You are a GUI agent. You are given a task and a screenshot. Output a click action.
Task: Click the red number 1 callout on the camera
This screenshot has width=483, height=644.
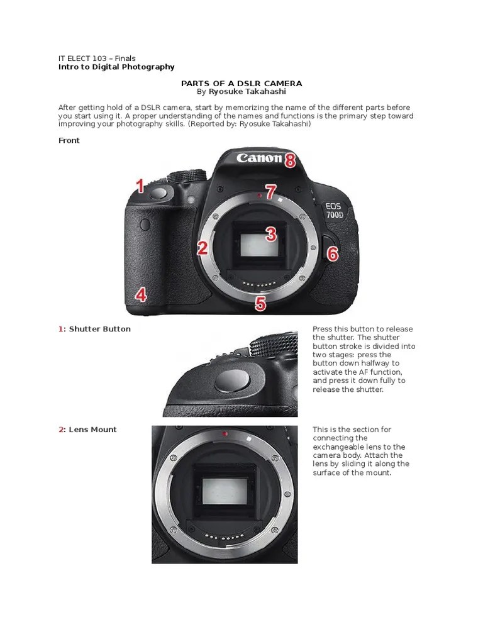pyautogui.click(x=140, y=186)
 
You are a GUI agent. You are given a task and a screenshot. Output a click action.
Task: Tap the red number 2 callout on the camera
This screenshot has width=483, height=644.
pyautogui.click(x=202, y=248)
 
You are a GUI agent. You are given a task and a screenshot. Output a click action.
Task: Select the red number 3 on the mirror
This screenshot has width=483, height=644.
pyautogui.click(x=270, y=235)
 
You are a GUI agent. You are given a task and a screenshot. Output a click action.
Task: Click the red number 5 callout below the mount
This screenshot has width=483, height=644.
pyautogui.click(x=260, y=304)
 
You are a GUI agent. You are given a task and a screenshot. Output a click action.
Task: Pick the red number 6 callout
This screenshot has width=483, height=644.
pyautogui.click(x=333, y=253)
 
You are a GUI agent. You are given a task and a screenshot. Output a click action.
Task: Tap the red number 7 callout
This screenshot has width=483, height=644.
pyautogui.click(x=270, y=192)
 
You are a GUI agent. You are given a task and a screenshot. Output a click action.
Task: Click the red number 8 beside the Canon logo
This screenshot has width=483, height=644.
pyautogui.click(x=290, y=160)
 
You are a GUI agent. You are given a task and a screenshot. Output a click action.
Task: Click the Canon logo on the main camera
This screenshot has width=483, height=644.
pyautogui.click(x=258, y=158)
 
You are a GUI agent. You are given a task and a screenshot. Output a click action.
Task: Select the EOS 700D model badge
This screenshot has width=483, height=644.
pyautogui.click(x=333, y=210)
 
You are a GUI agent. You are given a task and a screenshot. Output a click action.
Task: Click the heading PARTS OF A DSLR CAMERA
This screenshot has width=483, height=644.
pyautogui.click(x=241, y=83)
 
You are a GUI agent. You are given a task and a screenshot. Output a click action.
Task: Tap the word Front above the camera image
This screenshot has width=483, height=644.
pyautogui.click(x=69, y=140)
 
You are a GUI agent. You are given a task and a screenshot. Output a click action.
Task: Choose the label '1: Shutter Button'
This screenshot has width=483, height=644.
pyautogui.click(x=94, y=329)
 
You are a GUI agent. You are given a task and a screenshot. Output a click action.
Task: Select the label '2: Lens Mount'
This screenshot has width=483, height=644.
pyautogui.click(x=87, y=430)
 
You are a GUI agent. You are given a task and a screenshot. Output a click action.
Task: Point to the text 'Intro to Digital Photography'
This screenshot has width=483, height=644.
pyautogui.click(x=116, y=67)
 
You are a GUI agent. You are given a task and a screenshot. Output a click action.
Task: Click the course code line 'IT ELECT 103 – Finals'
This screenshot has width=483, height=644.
pyautogui.click(x=97, y=58)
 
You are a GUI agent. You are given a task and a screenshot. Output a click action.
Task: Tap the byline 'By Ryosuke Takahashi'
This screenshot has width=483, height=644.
pyautogui.click(x=241, y=92)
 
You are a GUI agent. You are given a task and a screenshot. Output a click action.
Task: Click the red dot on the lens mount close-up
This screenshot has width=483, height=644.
pyautogui.click(x=225, y=434)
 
